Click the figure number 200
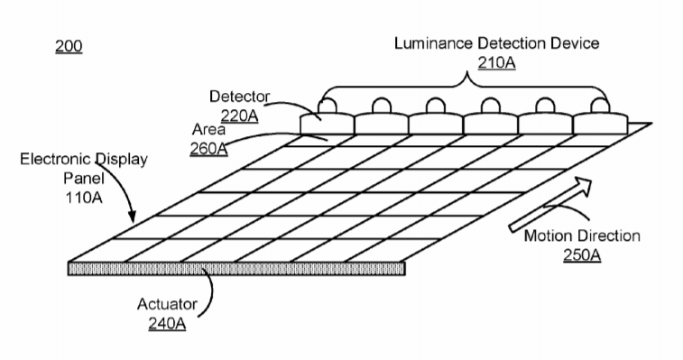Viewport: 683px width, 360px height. point(69,46)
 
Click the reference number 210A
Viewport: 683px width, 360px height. point(496,63)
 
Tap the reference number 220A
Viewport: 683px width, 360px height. point(239,115)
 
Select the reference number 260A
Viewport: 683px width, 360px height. point(208,149)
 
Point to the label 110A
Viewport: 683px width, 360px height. point(84,198)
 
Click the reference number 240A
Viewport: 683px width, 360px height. point(167,324)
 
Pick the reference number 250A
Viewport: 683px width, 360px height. point(582,255)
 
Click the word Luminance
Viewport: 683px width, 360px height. point(433,43)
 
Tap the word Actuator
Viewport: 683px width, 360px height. point(167,304)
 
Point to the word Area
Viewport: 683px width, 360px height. point(208,129)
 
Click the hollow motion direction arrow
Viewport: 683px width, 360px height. point(550,204)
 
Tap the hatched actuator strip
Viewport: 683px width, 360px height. point(236,269)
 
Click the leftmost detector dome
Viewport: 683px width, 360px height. point(328,105)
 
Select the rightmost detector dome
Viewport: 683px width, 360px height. point(600,105)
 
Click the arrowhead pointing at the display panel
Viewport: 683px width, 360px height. point(132,216)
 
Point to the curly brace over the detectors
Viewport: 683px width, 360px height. point(464,88)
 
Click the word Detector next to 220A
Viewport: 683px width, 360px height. point(240,97)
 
